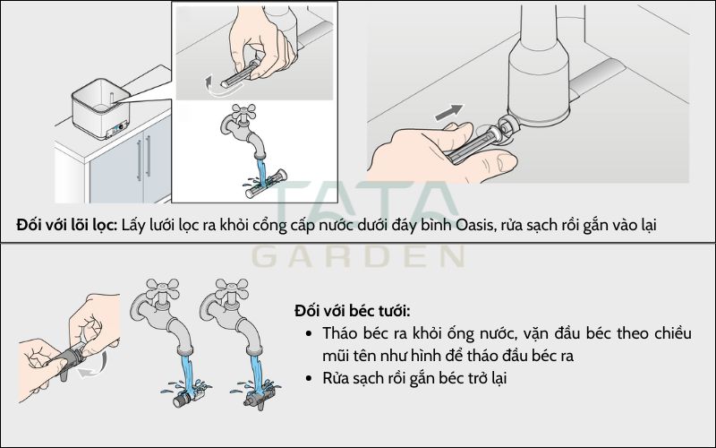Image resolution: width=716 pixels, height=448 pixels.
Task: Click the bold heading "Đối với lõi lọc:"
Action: coord(67,225)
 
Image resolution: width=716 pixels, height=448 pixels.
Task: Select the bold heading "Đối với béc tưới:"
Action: coord(353,311)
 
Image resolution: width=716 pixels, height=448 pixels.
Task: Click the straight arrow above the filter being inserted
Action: coord(449,113)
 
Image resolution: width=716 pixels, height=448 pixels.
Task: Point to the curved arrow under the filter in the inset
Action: coord(216,90)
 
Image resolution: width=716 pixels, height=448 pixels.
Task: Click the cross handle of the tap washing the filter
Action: coord(245,112)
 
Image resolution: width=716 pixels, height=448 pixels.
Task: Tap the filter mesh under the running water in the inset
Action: coord(266,185)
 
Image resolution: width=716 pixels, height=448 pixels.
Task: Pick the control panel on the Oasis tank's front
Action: coord(116,131)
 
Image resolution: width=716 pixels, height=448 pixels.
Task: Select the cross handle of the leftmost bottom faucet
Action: coord(163,289)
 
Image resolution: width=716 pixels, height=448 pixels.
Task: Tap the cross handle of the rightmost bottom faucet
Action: coord(232,289)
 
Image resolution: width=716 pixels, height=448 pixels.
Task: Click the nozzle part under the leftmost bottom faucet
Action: coord(186,398)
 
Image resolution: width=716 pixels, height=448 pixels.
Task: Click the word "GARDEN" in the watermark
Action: coord(359,256)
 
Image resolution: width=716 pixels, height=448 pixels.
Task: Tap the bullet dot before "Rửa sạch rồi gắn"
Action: coord(309,378)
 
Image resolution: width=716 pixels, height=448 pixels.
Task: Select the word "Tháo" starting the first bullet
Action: coord(339,333)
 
